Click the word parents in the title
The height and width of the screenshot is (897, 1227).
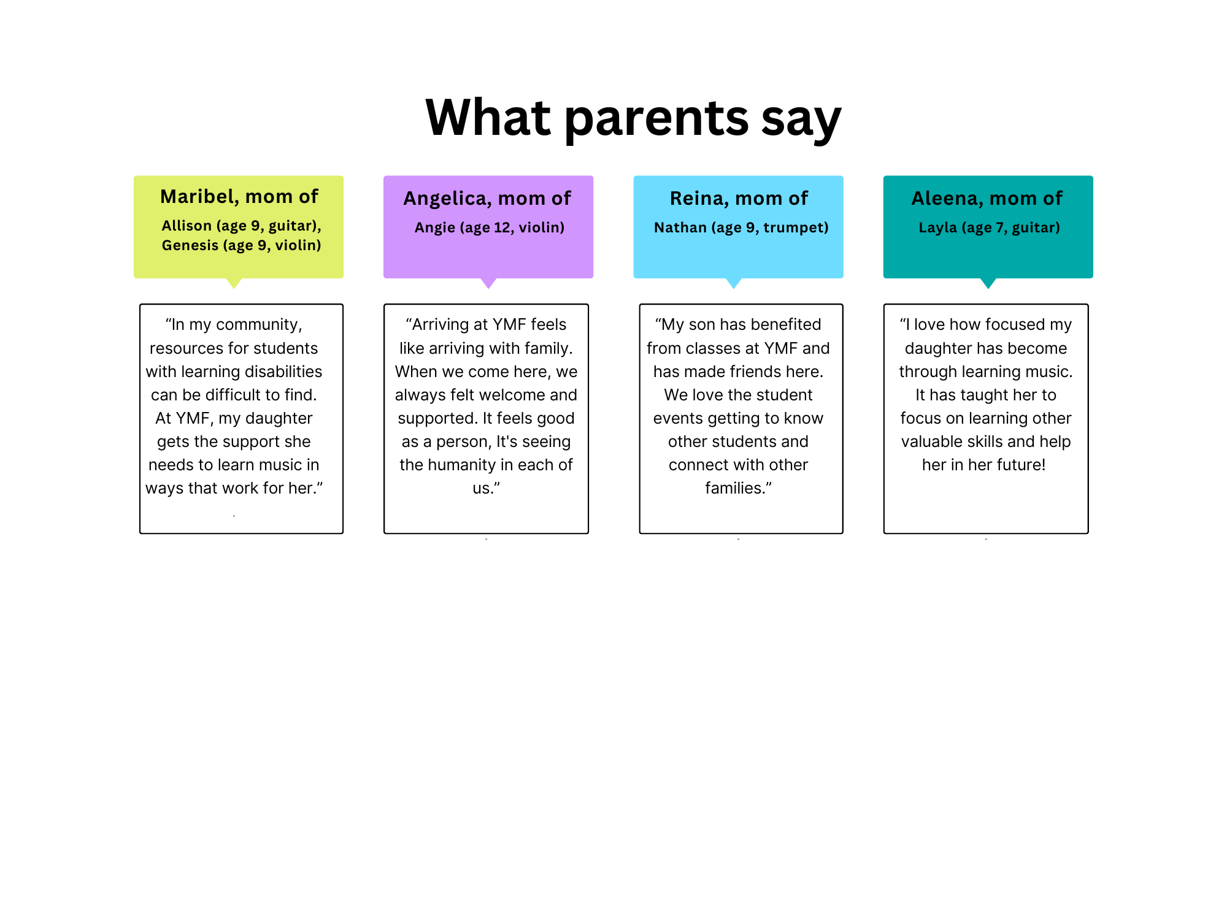click(x=656, y=119)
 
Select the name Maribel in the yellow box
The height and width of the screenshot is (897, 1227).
click(x=199, y=196)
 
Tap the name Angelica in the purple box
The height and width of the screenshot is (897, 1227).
click(x=447, y=199)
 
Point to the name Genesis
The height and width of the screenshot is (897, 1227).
click(x=190, y=245)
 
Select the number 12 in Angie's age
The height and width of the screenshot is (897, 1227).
click(x=502, y=227)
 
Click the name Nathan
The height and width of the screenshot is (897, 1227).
click(x=680, y=227)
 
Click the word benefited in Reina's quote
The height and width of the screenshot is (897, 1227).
click(x=784, y=324)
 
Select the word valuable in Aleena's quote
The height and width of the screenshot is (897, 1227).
click(x=930, y=441)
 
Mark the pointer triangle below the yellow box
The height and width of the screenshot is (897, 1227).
click(x=234, y=283)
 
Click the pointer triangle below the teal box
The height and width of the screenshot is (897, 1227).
click(x=988, y=283)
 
